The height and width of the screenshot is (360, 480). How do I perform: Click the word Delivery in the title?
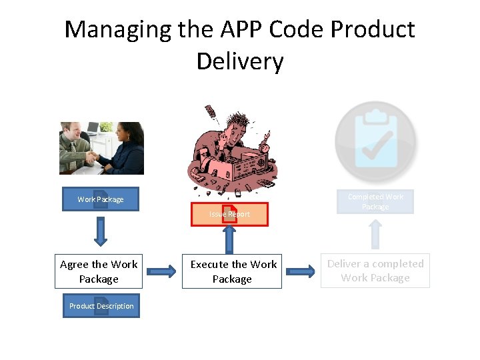point(240,61)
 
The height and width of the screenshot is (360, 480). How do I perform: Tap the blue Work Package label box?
point(101,199)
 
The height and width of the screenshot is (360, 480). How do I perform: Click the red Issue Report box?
point(229,214)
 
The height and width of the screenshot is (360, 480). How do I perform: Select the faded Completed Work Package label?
point(375,201)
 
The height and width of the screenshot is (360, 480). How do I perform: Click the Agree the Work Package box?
point(99,271)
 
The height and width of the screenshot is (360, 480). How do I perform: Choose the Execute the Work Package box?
point(232,271)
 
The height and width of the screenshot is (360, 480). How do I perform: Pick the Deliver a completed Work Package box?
point(375,271)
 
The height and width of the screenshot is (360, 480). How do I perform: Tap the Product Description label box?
point(101,306)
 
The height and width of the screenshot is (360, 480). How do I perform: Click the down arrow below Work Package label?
point(101,231)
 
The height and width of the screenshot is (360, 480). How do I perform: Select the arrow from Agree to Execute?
point(161,271)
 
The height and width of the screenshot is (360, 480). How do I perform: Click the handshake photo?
point(101,148)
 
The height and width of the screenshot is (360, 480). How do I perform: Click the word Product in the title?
point(373,30)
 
